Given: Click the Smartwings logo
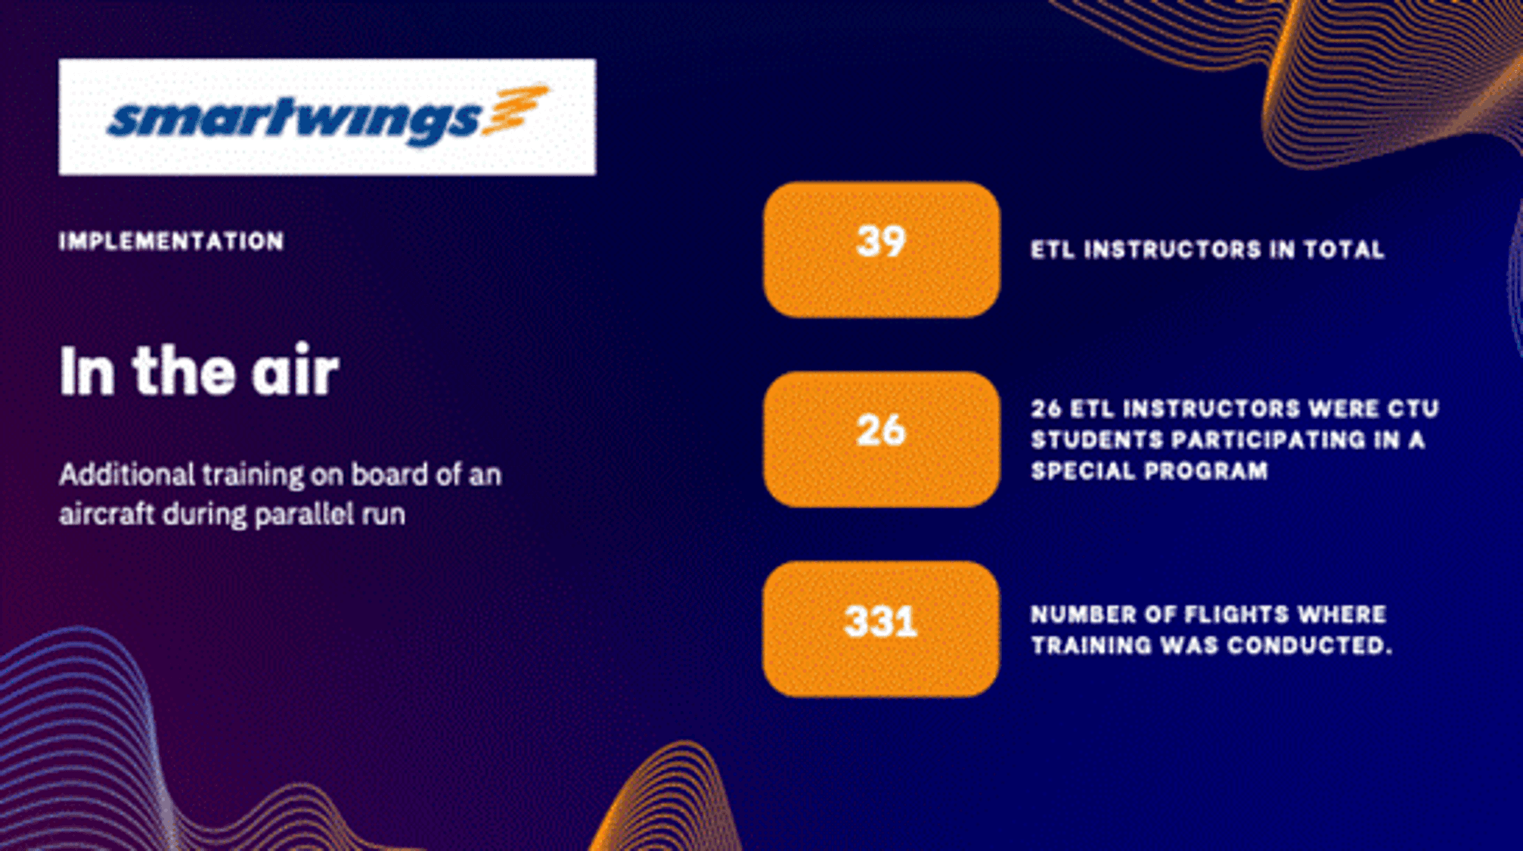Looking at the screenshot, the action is coord(327,117).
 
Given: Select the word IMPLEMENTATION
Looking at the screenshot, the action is coord(172,241).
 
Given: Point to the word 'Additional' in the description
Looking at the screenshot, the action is coord(127,475).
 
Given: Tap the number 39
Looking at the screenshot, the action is coord(881,242).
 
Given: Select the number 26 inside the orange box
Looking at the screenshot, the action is coord(881,430).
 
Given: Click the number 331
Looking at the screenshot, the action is coord(881,622).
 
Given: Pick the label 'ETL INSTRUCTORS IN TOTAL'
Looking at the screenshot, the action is coord(1208,250).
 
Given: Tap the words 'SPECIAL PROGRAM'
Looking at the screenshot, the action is coord(1149,471).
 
